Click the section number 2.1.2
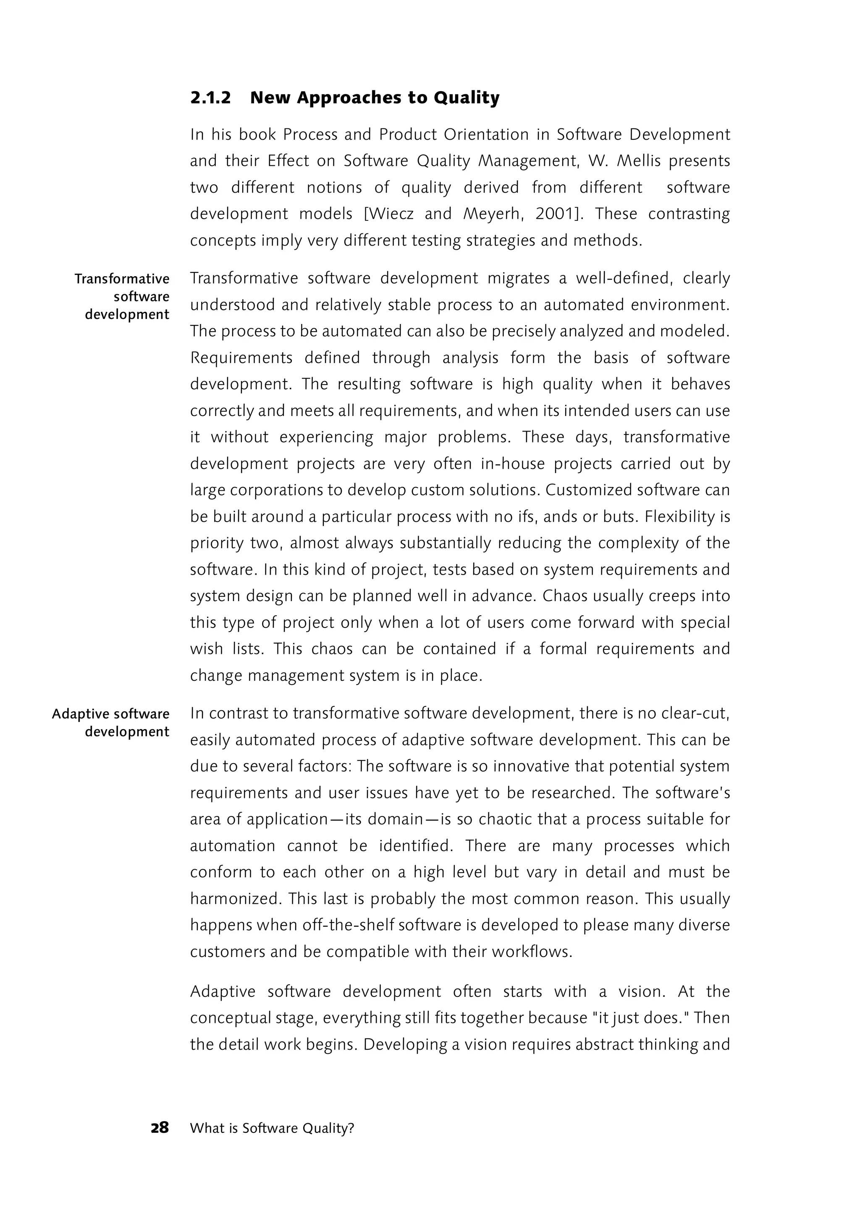point(210,98)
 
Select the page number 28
point(160,1127)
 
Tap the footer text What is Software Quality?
point(272,1128)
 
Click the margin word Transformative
point(122,279)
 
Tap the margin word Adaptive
point(80,714)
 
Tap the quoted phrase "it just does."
point(639,1017)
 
